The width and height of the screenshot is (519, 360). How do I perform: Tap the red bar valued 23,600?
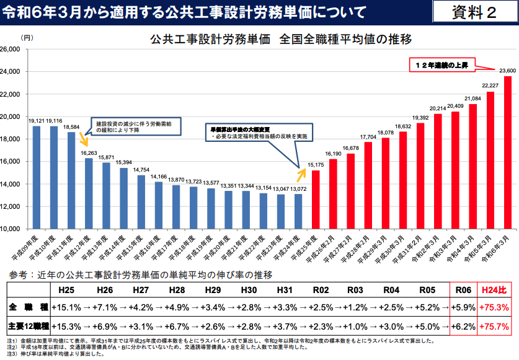(508, 152)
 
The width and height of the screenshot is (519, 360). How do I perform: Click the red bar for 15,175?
(316, 199)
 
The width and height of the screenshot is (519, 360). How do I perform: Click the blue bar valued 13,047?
(281, 211)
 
